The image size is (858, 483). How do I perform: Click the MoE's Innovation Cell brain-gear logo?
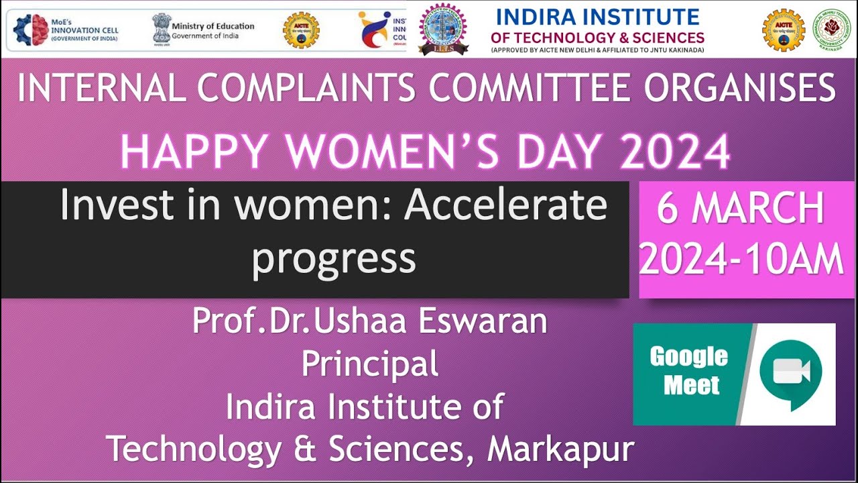pos(31,30)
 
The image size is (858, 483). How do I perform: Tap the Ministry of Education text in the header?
pos(212,26)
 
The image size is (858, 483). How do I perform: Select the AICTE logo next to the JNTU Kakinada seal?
pos(783,30)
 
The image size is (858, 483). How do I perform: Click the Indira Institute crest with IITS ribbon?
pos(443,30)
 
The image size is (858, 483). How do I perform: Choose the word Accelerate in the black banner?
pos(505,205)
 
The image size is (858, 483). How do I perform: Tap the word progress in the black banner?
pos(334,258)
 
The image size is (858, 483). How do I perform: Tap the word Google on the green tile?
pos(688,357)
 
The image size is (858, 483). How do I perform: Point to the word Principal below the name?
pos(370,364)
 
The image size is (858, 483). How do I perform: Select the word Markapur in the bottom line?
pos(560,449)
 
